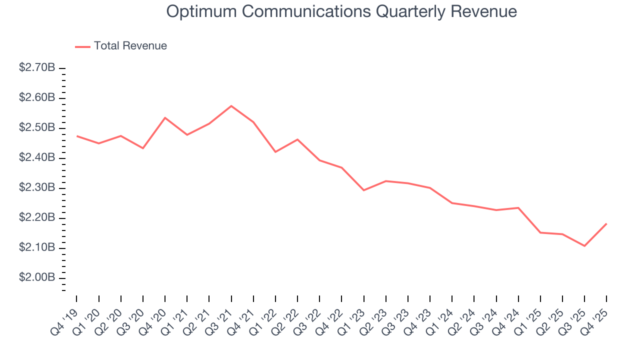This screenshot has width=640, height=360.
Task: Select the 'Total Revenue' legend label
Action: [130, 46]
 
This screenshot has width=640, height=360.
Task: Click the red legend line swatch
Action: [82, 46]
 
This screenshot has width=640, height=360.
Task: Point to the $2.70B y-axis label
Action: [37, 67]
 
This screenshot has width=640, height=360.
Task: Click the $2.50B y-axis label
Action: [37, 127]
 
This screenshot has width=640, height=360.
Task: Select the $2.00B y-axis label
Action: [37, 277]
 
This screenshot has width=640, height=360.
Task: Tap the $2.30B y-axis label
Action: [37, 187]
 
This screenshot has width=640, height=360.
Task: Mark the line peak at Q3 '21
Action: [231, 106]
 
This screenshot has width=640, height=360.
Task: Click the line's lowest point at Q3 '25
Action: [584, 246]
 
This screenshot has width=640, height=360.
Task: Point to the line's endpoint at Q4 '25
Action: [606, 223]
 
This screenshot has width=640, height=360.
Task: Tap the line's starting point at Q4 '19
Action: [77, 136]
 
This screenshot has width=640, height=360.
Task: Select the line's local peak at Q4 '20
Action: [165, 117]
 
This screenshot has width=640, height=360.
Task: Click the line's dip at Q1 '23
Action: [363, 190]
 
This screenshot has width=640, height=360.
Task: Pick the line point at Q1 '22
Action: [275, 152]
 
